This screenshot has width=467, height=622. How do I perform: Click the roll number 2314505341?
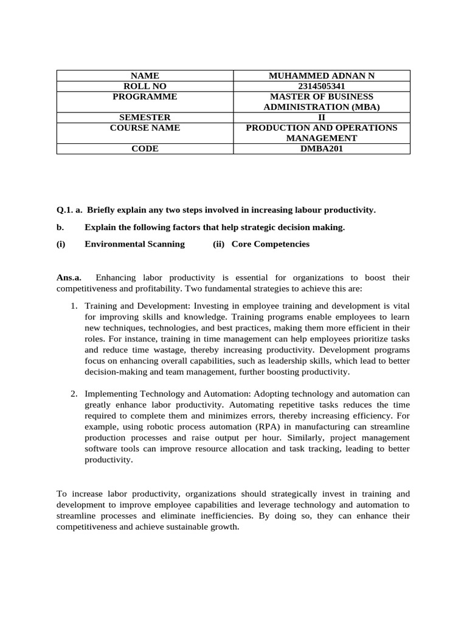322,86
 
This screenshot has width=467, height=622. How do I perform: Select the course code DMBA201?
322,149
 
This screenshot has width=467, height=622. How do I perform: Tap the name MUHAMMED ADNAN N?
322,76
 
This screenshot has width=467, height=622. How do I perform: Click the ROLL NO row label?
145,86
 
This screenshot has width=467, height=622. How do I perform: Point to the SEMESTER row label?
145,117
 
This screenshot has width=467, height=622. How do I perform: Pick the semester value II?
322,117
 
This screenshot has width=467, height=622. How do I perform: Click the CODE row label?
145,149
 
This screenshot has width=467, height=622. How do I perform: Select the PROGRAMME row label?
145,97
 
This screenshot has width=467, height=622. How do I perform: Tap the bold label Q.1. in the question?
65,210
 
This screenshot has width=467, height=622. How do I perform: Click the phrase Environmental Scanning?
134,244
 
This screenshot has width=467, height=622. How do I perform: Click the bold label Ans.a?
69,278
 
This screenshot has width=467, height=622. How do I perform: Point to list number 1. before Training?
75,306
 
